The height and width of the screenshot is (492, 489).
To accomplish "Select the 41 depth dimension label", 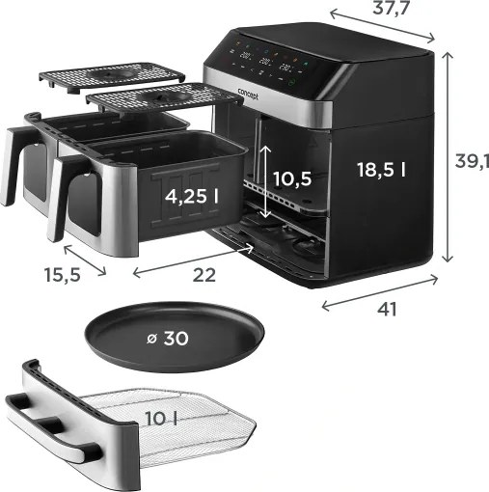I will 387,310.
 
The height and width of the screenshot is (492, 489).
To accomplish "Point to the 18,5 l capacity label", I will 380,169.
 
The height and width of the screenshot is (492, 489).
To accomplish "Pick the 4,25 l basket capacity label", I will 192,196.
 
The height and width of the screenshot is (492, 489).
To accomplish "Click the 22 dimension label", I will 204,274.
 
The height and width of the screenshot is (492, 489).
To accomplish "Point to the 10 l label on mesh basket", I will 162,419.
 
